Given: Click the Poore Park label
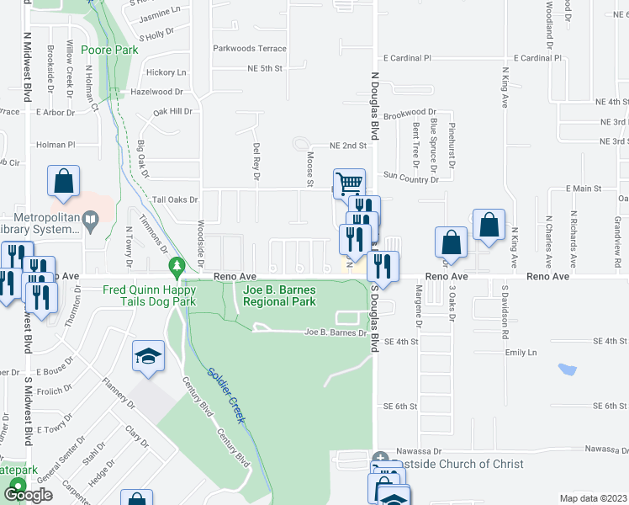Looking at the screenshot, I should pyautogui.click(x=110, y=50).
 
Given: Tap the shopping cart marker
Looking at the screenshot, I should pyautogui.click(x=349, y=183).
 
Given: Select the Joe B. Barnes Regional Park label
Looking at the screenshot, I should pyautogui.click(x=279, y=295).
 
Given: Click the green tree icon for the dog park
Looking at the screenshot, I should pyautogui.click(x=177, y=268).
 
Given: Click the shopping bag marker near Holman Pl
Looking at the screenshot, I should pyautogui.click(x=64, y=180).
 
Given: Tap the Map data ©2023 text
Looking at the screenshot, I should pyautogui.click(x=594, y=498).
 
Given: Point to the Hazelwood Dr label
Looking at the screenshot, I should pyautogui.click(x=156, y=91).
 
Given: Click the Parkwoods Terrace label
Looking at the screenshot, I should pyautogui.click(x=250, y=49).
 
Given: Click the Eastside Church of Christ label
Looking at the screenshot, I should pyautogui.click(x=454, y=464).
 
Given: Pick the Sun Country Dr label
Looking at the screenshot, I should pyautogui.click(x=411, y=178).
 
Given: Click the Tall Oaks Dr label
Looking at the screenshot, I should pyautogui.click(x=175, y=200).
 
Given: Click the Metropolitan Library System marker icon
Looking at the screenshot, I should pyautogui.click(x=93, y=221).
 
